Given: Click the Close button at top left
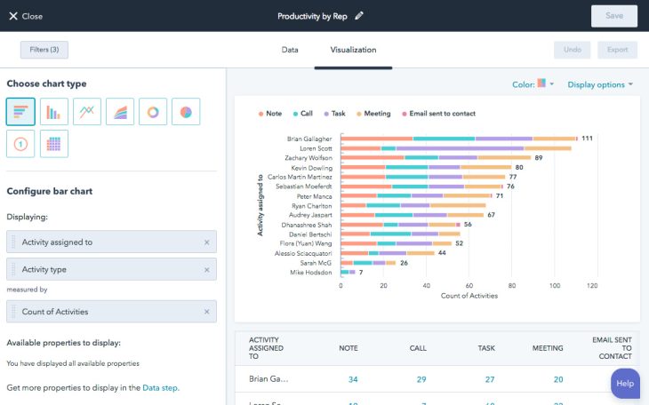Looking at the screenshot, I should (x=26, y=16).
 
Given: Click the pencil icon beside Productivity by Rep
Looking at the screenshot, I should (x=359, y=16).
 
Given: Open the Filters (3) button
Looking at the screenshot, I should (x=44, y=50).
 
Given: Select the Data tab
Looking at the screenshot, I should (x=290, y=50).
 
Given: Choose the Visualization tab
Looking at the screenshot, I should (x=353, y=50).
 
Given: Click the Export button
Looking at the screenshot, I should (x=617, y=50).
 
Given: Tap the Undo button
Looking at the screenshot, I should (x=573, y=50).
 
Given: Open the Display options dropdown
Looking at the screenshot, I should (x=600, y=84).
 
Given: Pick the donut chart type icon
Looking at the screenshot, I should (x=153, y=111).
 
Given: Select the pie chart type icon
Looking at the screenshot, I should (x=186, y=111).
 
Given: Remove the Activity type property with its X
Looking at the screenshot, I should (x=206, y=269).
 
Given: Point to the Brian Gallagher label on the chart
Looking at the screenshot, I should (x=309, y=139).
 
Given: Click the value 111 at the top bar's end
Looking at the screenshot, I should (x=587, y=139).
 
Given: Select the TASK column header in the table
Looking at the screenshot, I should (x=486, y=349).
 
